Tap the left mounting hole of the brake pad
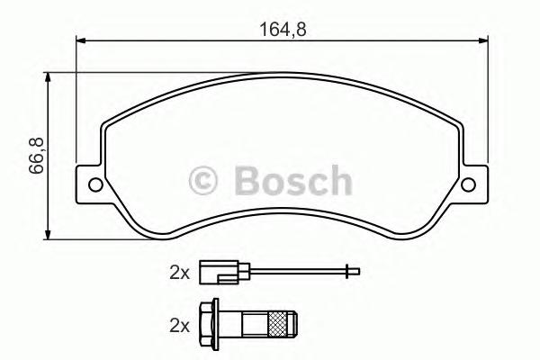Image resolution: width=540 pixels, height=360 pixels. [x=93, y=186]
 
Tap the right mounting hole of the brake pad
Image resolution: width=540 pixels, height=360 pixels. [x=467, y=186]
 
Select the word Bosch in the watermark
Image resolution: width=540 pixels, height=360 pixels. [x=292, y=181]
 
